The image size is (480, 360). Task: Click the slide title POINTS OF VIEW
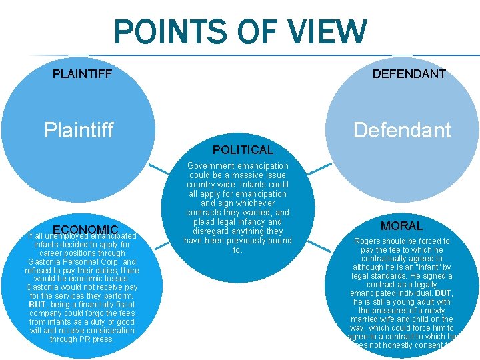tap(240, 32)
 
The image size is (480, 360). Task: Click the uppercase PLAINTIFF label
tap(82, 73)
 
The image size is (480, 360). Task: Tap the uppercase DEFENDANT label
tap(409, 74)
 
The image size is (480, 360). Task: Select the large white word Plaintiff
tap(79, 129)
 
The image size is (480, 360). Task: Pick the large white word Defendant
tap(402, 130)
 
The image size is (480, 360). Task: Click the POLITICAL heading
tap(243, 150)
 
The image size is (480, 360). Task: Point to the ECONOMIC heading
tap(85, 230)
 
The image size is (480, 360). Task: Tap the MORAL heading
tap(401, 226)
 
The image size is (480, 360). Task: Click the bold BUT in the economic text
tap(37, 305)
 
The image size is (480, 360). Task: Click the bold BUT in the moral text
tap(444, 293)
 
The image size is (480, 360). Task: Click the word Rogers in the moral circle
tap(369, 241)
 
